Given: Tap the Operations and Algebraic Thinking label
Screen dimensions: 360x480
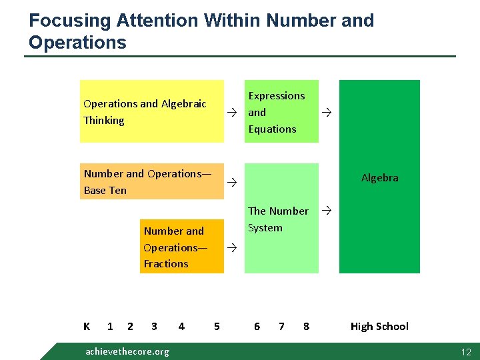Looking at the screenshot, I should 145,112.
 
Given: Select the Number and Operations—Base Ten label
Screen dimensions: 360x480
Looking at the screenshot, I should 147,181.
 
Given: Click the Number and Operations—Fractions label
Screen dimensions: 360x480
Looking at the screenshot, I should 175,247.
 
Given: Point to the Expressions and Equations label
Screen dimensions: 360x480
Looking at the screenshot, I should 276,112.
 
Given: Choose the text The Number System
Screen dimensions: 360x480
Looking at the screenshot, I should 278,219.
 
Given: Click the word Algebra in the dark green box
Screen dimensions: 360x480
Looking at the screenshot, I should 379,177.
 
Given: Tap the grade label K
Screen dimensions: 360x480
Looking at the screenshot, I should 87,326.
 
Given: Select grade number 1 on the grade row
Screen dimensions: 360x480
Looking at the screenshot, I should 110,326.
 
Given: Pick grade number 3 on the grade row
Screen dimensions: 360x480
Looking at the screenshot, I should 154,326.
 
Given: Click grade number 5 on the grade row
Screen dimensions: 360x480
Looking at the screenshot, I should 217,326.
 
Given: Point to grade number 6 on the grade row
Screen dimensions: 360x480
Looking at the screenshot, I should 257,326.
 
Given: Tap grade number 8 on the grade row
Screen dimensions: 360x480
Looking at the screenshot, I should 306,326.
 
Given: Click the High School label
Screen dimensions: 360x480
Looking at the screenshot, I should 379,326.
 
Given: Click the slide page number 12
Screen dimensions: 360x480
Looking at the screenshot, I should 465,351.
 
